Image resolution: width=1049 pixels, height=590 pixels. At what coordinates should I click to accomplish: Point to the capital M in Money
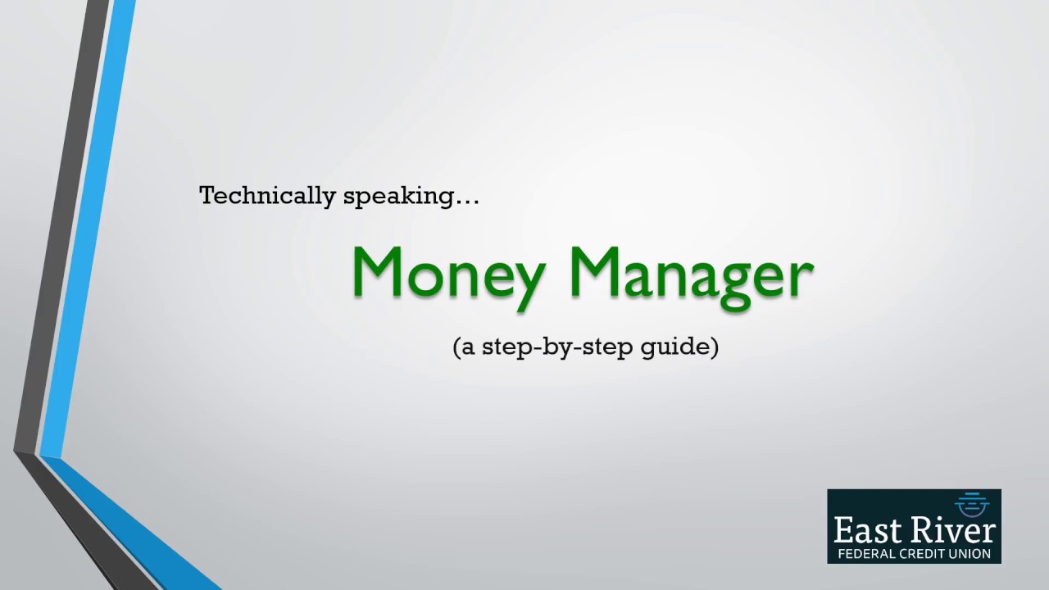(383, 272)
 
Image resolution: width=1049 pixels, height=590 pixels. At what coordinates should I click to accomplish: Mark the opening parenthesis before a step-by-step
(456, 347)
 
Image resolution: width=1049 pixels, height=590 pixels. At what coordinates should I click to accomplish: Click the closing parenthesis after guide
(715, 347)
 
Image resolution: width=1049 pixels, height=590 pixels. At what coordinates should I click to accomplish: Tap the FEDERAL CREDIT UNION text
(914, 554)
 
